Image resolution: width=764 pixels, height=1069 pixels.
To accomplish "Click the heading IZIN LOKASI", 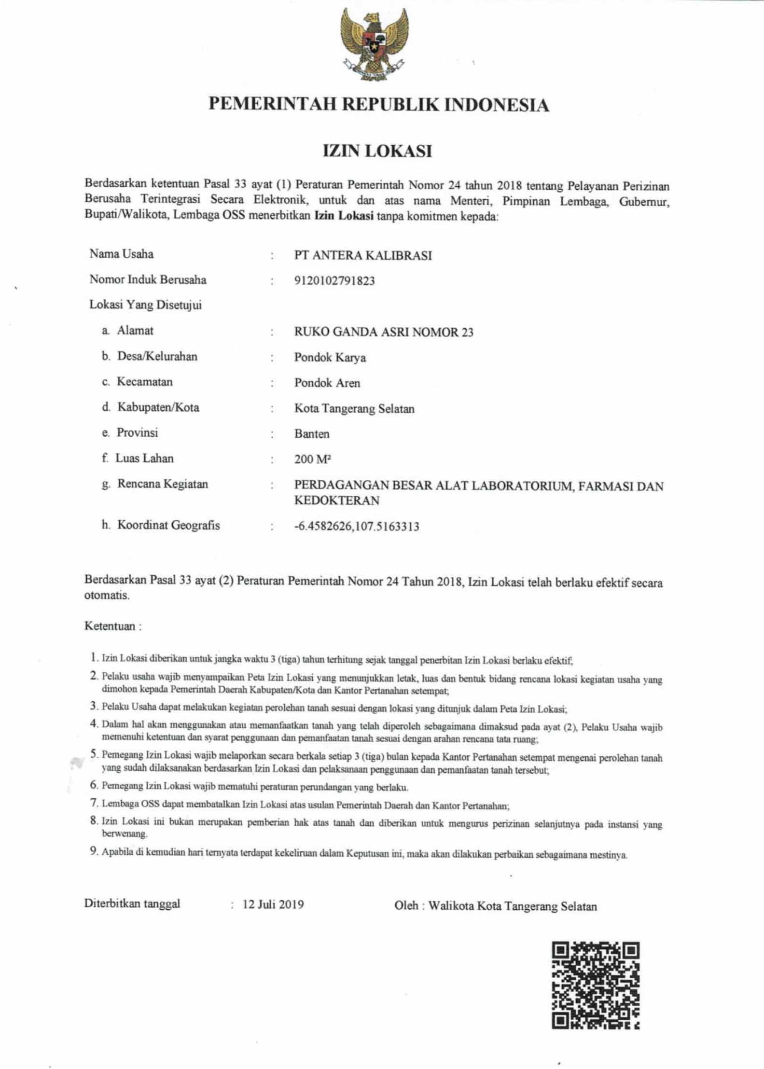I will (x=377, y=152).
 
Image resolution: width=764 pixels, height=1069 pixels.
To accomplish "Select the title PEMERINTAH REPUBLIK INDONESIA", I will (x=379, y=105).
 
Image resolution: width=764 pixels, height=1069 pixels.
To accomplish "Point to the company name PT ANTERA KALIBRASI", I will (x=363, y=255).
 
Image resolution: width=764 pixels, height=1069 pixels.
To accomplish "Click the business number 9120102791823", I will (x=334, y=281).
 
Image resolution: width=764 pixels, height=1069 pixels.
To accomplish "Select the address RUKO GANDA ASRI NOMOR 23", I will (x=384, y=332).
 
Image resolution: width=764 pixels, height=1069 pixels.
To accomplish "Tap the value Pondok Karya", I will (x=330, y=358).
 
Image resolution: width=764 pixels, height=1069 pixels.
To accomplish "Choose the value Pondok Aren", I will (x=327, y=383).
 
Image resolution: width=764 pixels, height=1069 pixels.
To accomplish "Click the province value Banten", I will (x=312, y=434).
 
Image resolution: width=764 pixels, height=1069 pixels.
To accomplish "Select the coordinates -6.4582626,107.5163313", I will (x=357, y=526).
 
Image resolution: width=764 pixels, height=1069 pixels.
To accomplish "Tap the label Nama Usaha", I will (x=122, y=254).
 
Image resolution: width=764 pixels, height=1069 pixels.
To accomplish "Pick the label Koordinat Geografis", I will (x=168, y=525).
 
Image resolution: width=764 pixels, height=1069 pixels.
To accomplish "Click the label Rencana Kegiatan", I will (x=163, y=484).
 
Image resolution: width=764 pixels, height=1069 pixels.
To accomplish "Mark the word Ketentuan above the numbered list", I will (x=110, y=626).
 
